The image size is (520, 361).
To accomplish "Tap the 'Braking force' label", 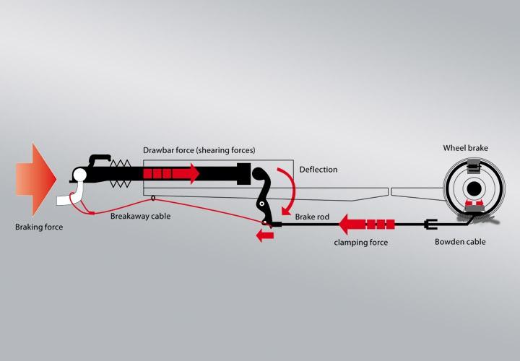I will coord(39,227).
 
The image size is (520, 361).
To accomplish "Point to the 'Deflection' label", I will coord(318,170).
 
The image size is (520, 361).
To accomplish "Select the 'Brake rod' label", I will coord(313,217).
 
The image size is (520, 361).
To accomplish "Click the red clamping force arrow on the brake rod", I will coord(368,224).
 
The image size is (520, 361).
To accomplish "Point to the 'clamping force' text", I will coord(360,243).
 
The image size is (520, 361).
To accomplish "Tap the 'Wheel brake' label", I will coord(465,149).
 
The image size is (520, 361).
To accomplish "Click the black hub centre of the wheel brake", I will coord(472,189).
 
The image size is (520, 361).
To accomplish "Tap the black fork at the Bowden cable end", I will coord(429,224).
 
